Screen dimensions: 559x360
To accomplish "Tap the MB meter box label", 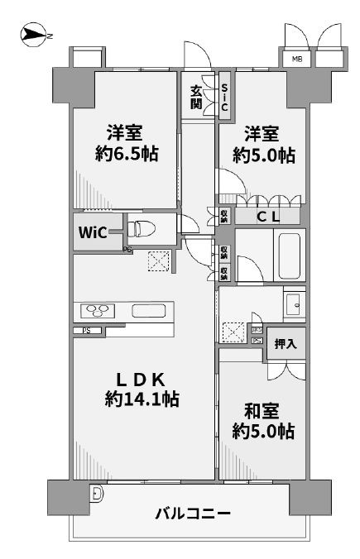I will pos(295,59).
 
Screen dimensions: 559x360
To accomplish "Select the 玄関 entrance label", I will pos(197,98).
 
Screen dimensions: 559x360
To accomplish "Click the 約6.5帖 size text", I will pos(126,155).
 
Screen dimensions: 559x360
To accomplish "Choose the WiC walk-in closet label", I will pos(92,232).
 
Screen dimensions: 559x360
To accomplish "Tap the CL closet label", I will pos(266,217).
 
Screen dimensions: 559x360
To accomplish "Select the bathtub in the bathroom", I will pos(289,256).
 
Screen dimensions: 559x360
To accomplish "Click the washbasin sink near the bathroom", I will pos(293,307).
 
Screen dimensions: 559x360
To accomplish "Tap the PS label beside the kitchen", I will pos(86,332).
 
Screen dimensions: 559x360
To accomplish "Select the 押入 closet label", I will pos(286,343).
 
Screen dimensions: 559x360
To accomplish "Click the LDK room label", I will pos(142,380).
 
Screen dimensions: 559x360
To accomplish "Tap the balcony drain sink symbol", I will pos(98,494).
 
